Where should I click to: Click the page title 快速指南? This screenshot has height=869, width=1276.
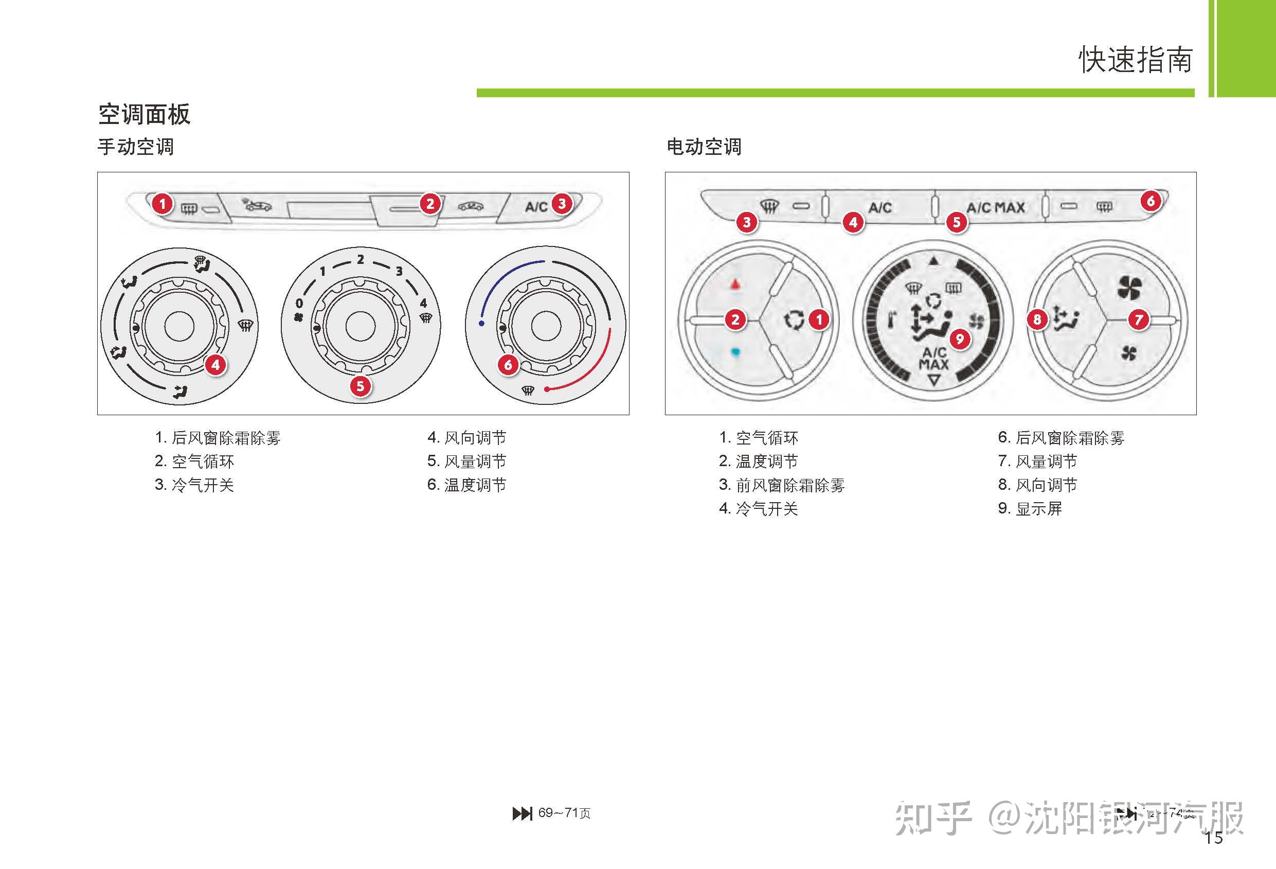[x=1136, y=60]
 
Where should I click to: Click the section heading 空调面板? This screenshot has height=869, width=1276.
[x=144, y=114]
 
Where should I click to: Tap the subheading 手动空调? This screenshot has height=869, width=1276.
[x=136, y=147]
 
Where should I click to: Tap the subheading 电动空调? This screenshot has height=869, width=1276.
[x=704, y=147]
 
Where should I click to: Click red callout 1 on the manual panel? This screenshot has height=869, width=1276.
[x=162, y=204]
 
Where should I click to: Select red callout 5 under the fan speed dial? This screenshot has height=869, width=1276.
[x=360, y=385]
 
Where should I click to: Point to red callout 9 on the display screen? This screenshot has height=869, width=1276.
[x=960, y=339]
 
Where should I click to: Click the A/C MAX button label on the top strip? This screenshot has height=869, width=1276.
[x=995, y=208]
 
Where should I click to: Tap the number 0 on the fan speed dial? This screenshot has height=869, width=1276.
[x=299, y=303]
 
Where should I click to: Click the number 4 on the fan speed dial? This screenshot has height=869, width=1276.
[x=423, y=303]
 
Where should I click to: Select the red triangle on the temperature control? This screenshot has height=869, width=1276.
[x=735, y=285]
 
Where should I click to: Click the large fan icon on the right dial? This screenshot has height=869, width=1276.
[x=1129, y=287]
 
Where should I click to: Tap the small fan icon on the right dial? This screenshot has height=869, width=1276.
[x=1128, y=353]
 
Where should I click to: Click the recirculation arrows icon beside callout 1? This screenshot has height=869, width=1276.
[x=794, y=320]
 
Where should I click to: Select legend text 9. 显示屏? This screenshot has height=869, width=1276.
[x=1030, y=509]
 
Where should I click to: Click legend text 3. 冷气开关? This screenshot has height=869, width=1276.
[x=194, y=485]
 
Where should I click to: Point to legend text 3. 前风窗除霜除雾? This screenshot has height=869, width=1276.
[x=782, y=485]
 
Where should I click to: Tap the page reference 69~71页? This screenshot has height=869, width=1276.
[x=564, y=813]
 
